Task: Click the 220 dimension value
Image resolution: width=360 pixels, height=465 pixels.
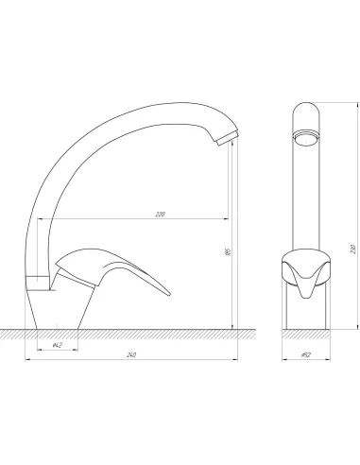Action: click(160, 215)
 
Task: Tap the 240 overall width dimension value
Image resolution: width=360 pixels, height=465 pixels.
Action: click(131, 354)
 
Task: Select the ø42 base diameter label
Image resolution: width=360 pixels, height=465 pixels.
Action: click(57, 345)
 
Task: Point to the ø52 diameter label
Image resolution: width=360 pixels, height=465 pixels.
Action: click(306, 354)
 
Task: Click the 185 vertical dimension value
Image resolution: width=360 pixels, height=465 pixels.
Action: click(229, 251)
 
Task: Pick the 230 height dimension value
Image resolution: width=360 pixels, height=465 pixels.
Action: click(353, 249)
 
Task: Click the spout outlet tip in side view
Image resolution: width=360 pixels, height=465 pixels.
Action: click(228, 138)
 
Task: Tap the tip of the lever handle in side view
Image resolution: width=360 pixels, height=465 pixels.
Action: click(169, 294)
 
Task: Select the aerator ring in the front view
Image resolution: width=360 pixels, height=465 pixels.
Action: click(306, 138)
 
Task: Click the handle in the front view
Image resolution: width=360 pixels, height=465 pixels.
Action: click(306, 273)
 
